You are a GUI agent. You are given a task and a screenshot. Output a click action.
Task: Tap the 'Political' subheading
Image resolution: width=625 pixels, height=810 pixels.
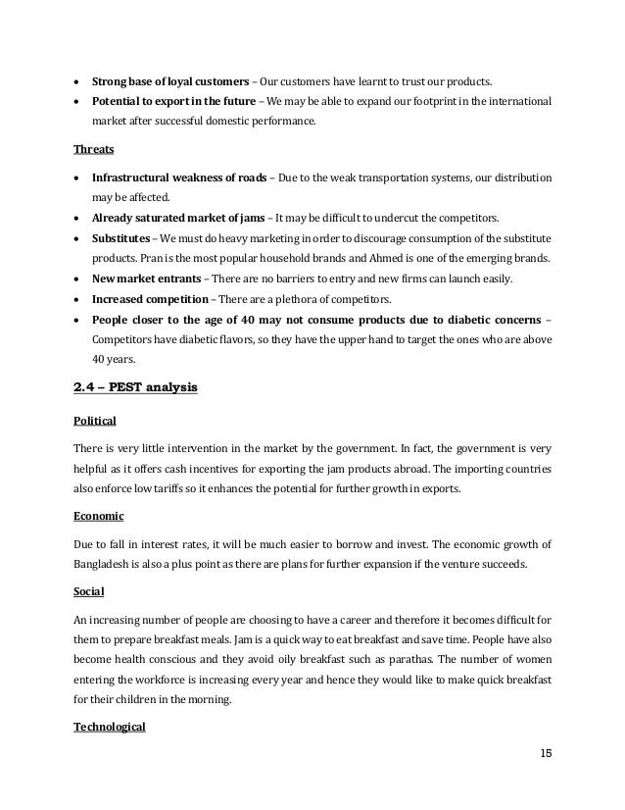pyautogui.click(x=95, y=421)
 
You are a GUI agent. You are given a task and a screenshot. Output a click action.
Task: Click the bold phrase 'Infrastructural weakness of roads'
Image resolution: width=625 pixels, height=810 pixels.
pyautogui.click(x=180, y=178)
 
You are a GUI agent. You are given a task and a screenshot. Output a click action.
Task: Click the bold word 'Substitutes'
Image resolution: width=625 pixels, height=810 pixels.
pyautogui.click(x=120, y=237)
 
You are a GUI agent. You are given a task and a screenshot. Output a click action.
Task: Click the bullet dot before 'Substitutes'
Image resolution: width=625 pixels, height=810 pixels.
pyautogui.click(x=77, y=237)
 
